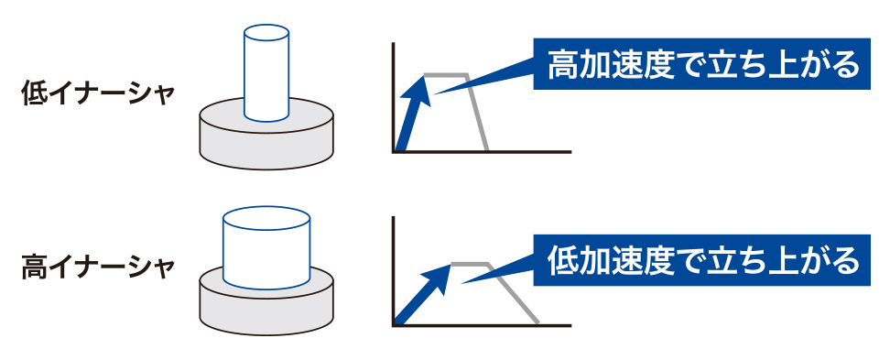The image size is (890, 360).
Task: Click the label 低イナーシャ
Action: click(97, 93)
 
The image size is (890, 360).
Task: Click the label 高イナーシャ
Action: click(97, 267)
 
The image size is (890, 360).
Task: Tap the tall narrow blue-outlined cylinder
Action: click(266, 72)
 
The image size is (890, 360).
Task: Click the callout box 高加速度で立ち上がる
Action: click(701, 63)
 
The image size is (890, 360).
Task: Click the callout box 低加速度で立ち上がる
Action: click(701, 260)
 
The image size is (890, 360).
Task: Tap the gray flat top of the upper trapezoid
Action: click(446, 74)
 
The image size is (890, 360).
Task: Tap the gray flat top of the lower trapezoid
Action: click(470, 264)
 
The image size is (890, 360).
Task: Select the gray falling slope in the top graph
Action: click(477, 113)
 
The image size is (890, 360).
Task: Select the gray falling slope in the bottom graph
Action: click(513, 294)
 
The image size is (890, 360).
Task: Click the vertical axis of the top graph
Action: click(393, 97)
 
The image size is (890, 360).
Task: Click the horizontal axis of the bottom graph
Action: click(482, 325)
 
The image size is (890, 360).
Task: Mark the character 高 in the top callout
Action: click(562, 64)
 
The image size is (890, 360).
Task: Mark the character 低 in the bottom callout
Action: click(562, 261)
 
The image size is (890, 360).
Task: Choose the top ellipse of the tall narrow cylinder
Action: click(266, 32)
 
